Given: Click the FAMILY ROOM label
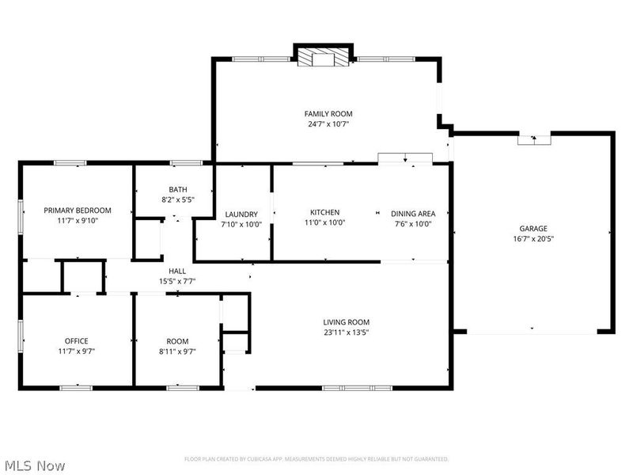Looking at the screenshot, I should (328, 114).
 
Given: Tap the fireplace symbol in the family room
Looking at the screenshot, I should (323, 57).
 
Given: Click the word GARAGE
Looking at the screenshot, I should (533, 228).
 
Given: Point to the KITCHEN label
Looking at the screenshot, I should (324, 212).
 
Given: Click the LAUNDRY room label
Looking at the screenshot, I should (241, 215).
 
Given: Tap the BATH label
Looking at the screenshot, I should (177, 189).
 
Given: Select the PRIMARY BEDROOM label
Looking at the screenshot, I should (78, 210).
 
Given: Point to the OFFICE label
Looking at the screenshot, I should (77, 340).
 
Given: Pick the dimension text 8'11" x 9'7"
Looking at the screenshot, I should (177, 351).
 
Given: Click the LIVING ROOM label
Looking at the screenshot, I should (347, 321).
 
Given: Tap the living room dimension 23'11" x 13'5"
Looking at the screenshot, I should (347, 332).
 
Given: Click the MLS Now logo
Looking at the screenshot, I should (34, 465).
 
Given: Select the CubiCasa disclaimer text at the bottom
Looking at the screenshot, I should (316, 458).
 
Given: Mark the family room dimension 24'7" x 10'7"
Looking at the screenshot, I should (328, 124).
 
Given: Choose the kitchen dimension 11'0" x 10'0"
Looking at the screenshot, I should (324, 222).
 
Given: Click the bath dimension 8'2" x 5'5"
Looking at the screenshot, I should (177, 199).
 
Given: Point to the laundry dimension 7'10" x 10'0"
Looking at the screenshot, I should (241, 225).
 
